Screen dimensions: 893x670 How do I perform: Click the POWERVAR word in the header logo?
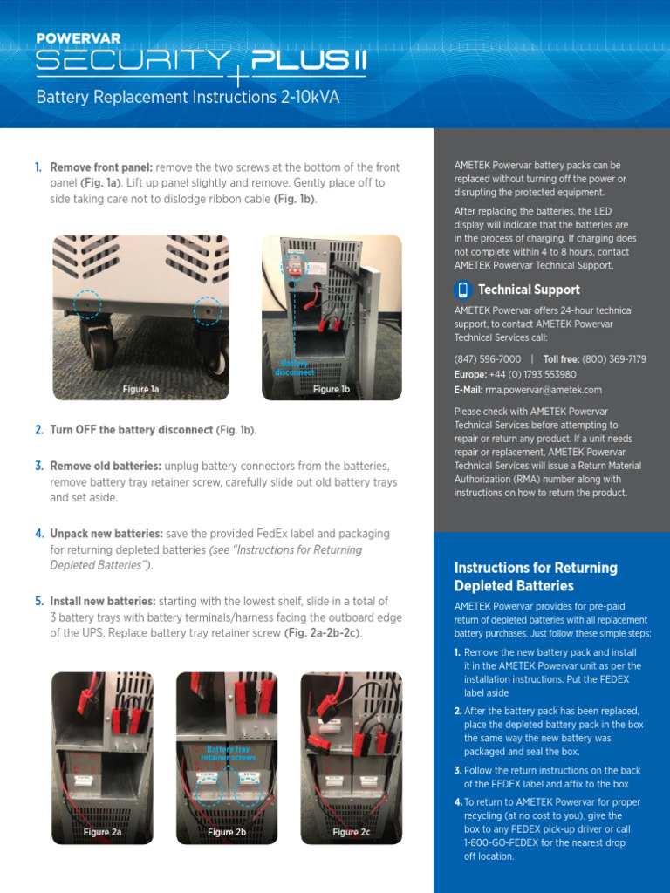[79, 39]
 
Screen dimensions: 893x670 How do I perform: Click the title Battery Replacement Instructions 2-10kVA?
[188, 97]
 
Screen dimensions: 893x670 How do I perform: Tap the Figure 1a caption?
[140, 389]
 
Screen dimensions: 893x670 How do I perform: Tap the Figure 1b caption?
[332, 389]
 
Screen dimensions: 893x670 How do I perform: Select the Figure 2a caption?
[102, 832]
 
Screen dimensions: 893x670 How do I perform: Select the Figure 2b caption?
[227, 832]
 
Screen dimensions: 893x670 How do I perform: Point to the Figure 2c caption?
[352, 832]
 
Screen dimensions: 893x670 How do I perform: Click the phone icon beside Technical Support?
[463, 290]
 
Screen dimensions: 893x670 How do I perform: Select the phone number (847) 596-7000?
[488, 359]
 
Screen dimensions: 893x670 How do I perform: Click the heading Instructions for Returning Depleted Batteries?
[536, 576]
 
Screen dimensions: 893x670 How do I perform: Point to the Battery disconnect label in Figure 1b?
[294, 368]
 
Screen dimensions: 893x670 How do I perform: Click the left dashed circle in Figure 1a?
[87, 303]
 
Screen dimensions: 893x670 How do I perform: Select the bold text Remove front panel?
[101, 167]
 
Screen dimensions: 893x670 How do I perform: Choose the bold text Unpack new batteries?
[106, 533]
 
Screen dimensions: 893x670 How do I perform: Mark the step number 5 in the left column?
[38, 601]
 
